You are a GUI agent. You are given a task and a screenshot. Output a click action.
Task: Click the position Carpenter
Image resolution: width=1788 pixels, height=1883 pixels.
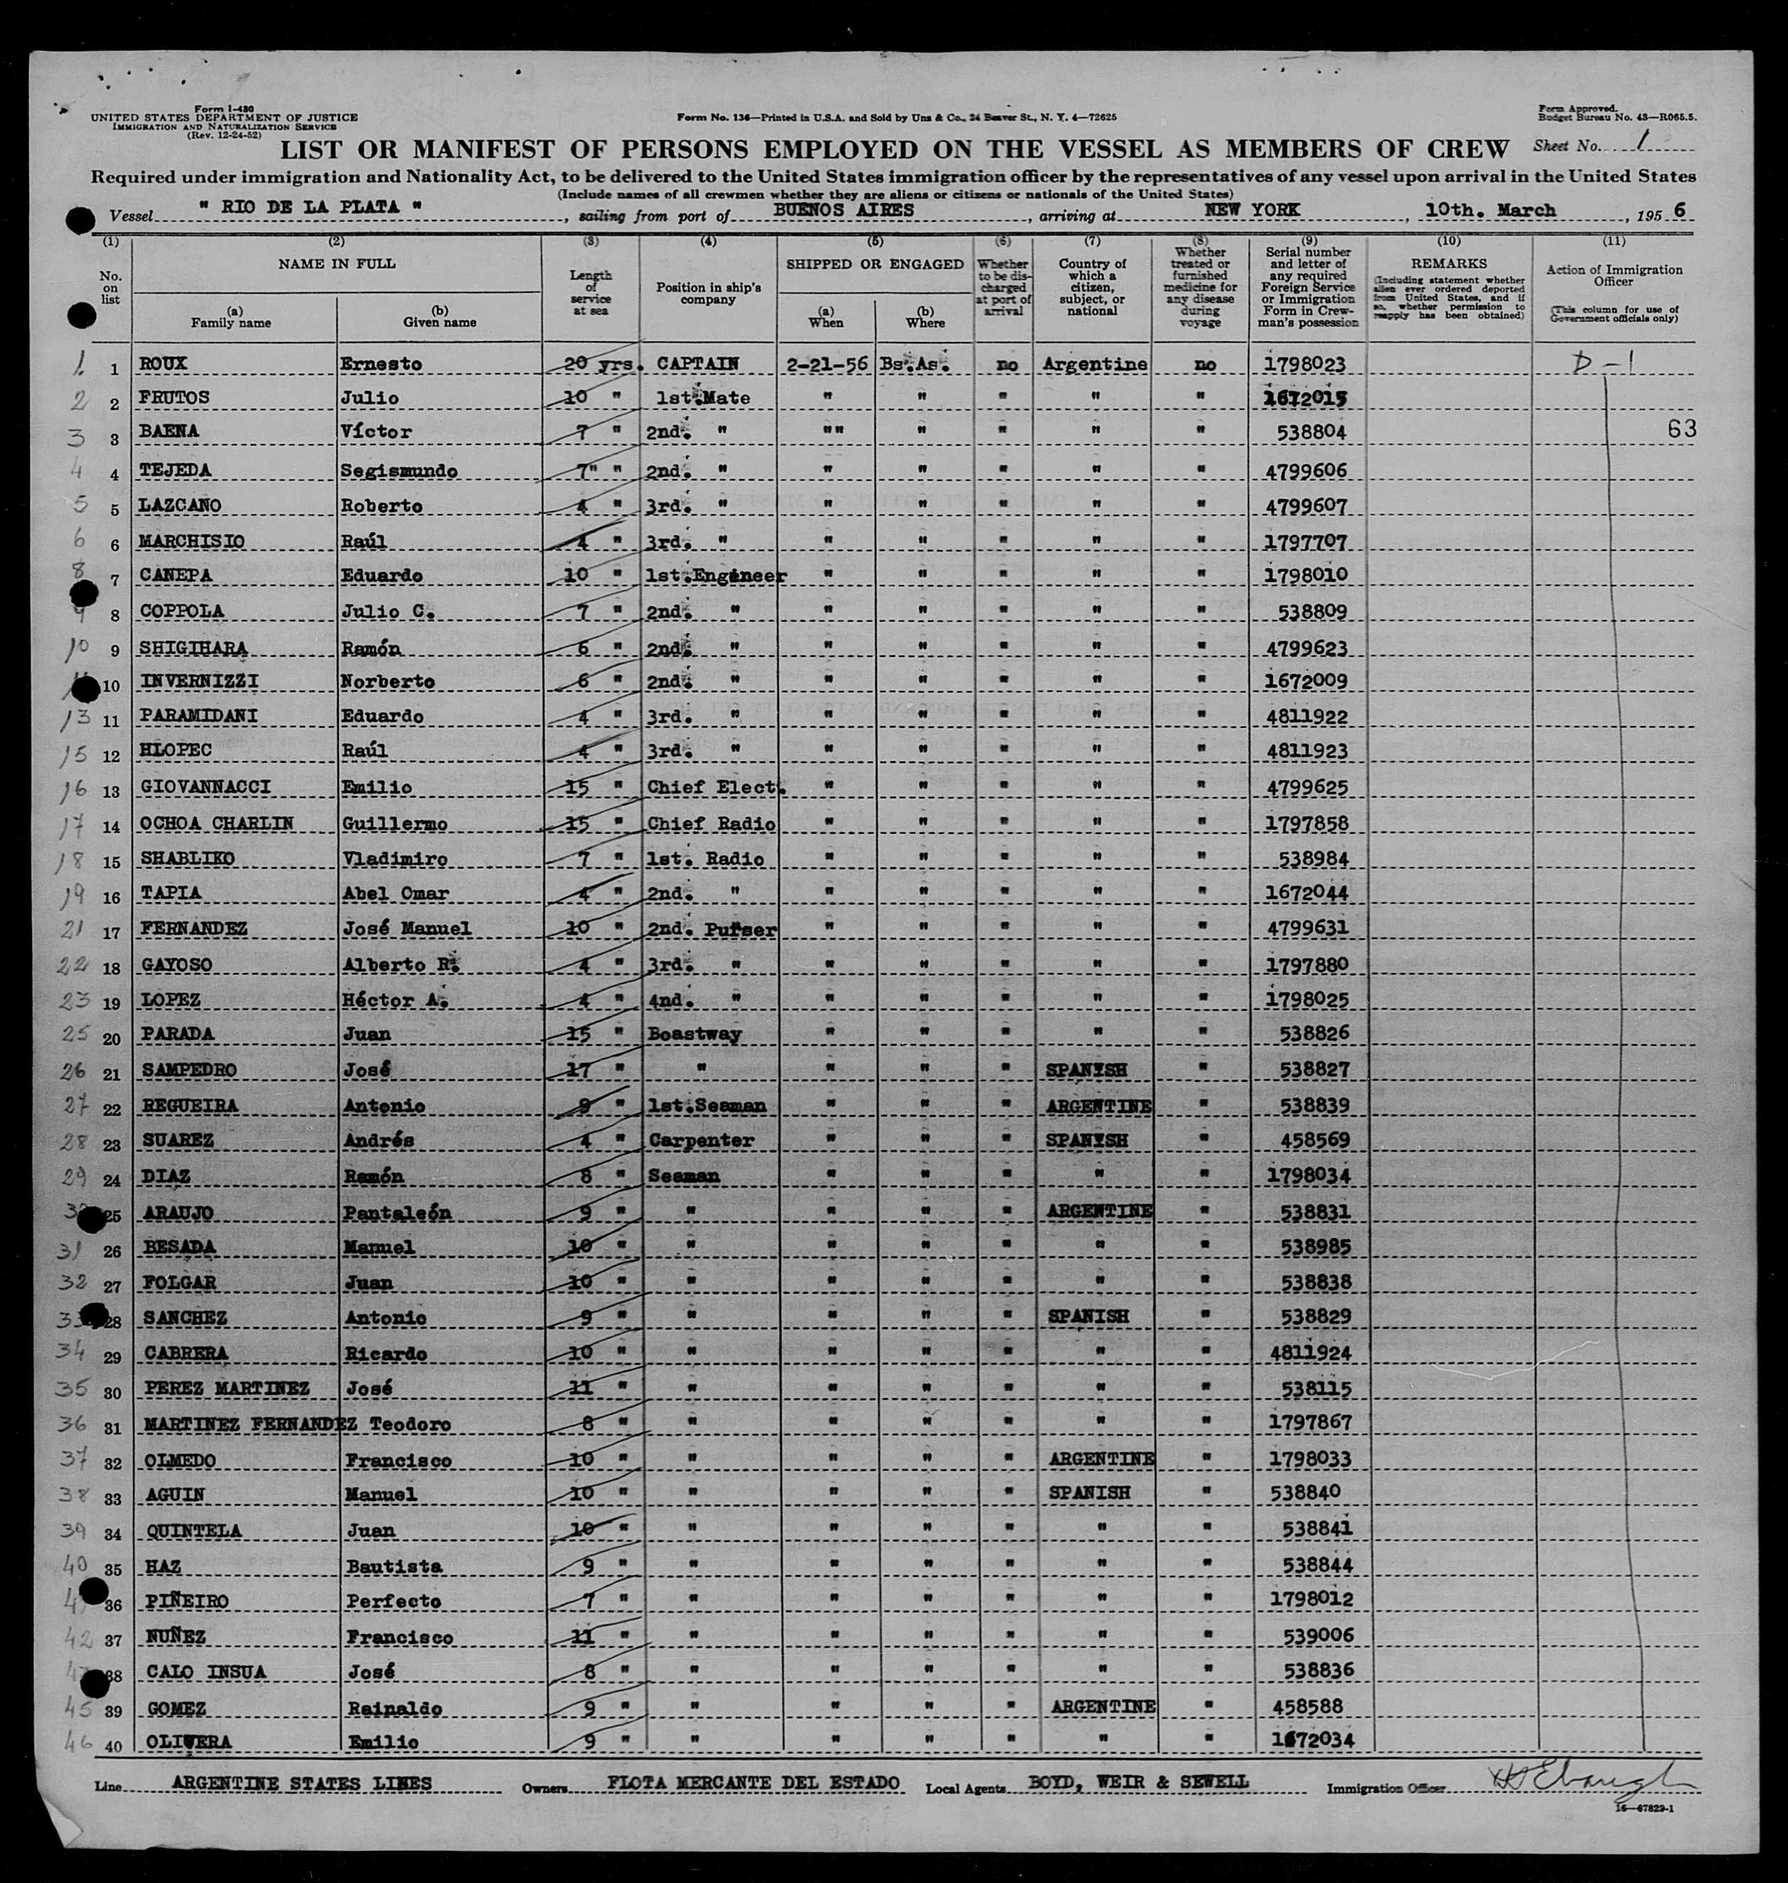pyautogui.click(x=701, y=1140)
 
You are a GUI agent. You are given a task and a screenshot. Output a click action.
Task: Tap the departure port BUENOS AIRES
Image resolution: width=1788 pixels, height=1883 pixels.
pyautogui.click(x=844, y=209)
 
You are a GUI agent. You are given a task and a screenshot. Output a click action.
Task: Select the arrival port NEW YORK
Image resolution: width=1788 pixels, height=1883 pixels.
pyautogui.click(x=1251, y=209)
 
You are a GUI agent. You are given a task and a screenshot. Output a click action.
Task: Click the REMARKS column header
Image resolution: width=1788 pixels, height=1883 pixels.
pyautogui.click(x=1449, y=263)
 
